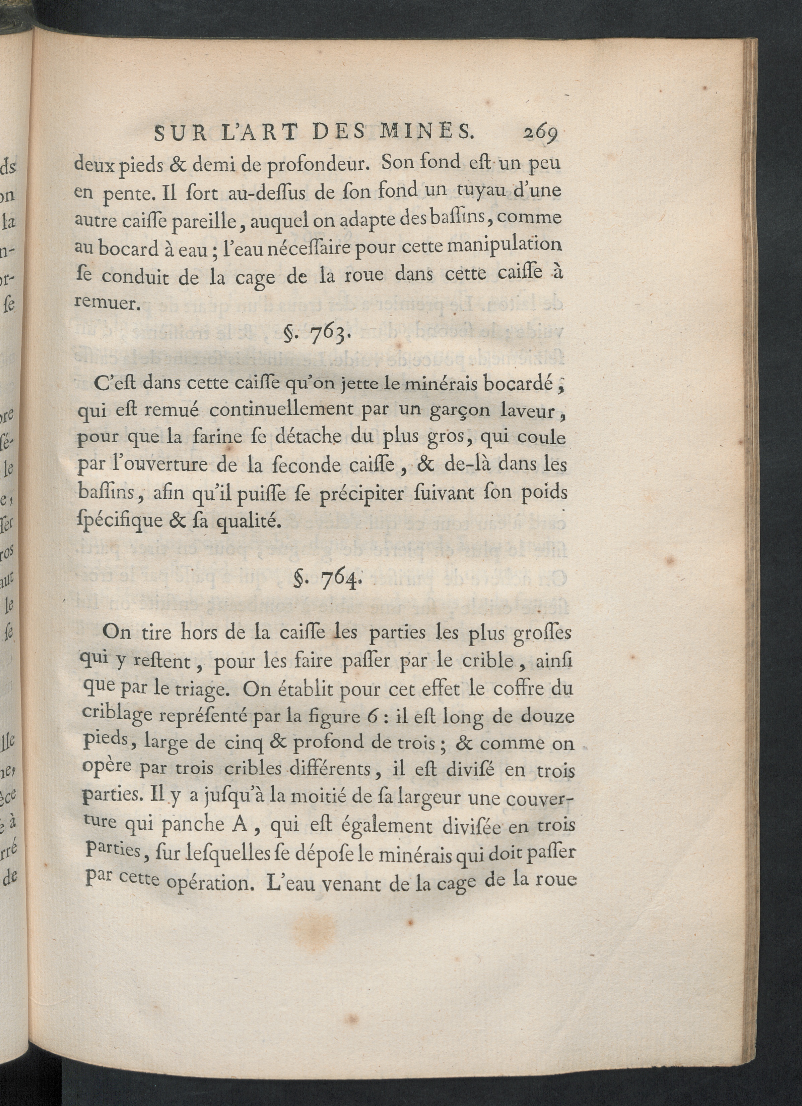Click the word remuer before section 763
107,303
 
